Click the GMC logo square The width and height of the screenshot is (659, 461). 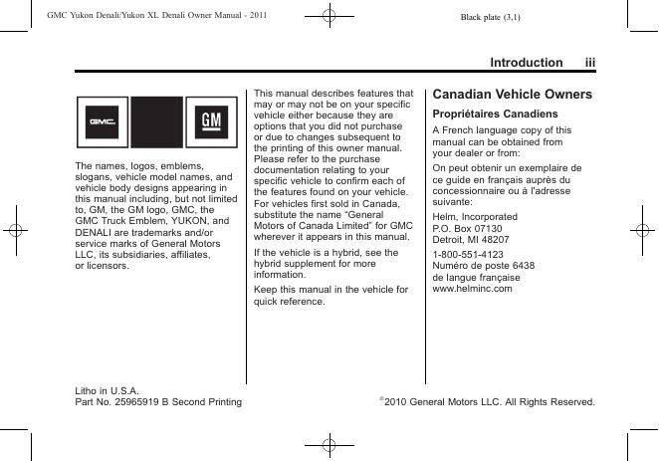103,122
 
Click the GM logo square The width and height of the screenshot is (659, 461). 211,122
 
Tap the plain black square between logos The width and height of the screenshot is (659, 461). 156,122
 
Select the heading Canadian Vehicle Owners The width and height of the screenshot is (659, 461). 512,95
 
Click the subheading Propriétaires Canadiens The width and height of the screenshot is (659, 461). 487,114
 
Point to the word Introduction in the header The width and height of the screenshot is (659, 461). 526,63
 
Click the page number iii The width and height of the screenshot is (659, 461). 590,63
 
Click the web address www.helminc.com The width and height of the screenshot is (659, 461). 472,289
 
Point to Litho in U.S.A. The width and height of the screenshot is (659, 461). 108,390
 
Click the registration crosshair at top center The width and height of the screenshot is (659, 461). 329,16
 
